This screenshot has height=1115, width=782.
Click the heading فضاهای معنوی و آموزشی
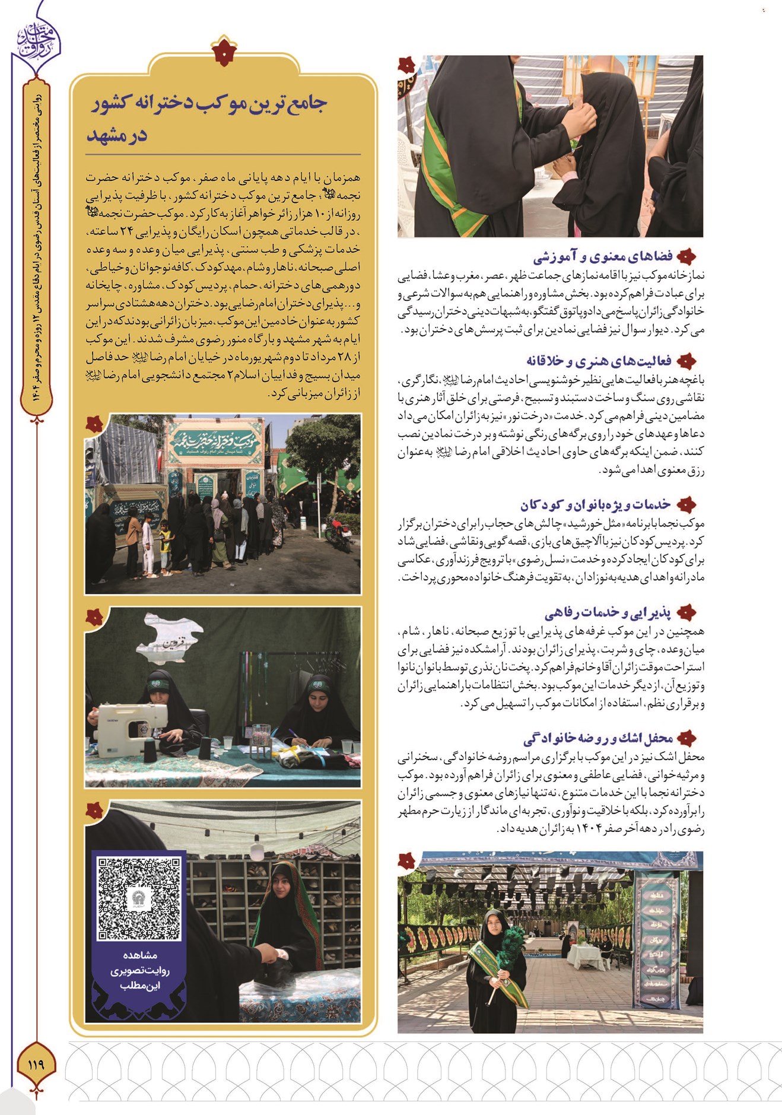(x=603, y=257)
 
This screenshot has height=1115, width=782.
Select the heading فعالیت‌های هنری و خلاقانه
(x=599, y=361)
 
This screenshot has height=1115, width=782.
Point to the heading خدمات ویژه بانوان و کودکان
(x=595, y=505)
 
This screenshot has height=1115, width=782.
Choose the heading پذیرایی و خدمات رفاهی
(x=608, y=612)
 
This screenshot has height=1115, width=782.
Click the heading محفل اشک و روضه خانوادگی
(x=598, y=738)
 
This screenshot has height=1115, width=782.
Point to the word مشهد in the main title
(x=117, y=136)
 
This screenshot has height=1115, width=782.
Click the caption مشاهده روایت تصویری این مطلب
(x=140, y=971)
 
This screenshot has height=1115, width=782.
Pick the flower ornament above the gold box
(x=224, y=51)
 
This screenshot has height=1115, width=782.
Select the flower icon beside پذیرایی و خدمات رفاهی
(x=686, y=612)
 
